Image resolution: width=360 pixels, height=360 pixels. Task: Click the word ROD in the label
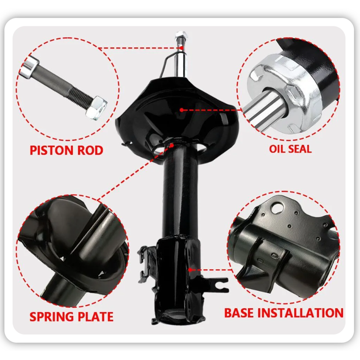pyautogui.click(x=89, y=150)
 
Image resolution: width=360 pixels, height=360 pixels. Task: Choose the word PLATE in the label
pyautogui.click(x=97, y=317)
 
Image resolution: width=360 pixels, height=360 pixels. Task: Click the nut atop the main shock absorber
pyautogui.click(x=181, y=36)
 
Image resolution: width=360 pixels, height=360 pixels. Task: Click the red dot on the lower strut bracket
pyautogui.click(x=191, y=270)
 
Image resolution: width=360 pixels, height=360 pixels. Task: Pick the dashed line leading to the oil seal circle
pyautogui.click(x=211, y=110)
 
